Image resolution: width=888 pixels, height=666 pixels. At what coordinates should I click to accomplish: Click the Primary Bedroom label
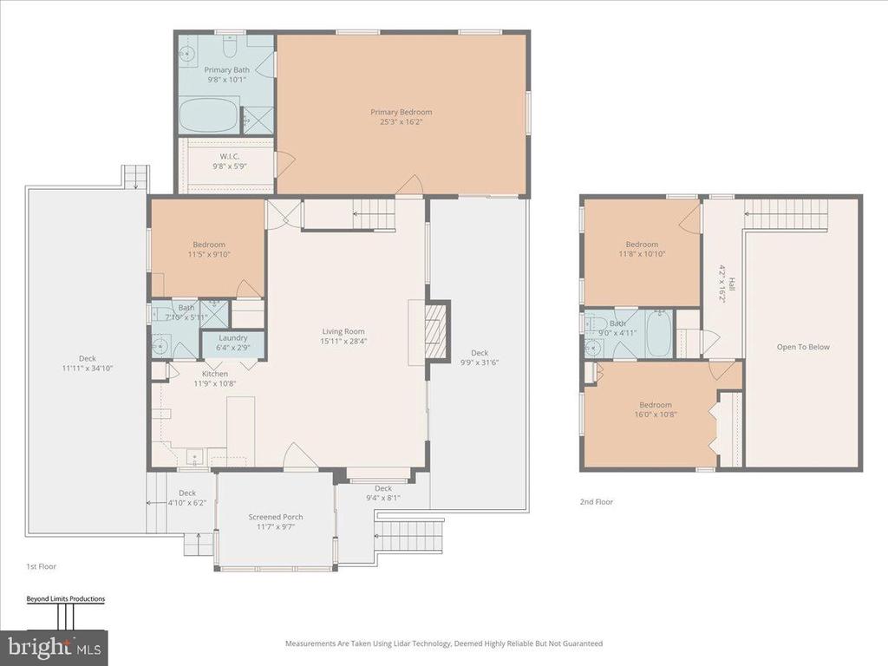pyautogui.click(x=401, y=112)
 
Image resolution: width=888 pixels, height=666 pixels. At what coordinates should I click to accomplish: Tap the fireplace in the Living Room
pyautogui.click(x=437, y=331)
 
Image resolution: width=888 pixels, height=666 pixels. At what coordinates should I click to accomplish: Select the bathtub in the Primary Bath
pyautogui.click(x=209, y=116)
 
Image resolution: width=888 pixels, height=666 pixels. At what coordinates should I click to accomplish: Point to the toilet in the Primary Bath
pyautogui.click(x=229, y=47)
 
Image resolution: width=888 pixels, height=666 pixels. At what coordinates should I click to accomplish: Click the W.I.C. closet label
pyautogui.click(x=229, y=156)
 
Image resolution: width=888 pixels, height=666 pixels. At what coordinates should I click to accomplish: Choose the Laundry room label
pyautogui.click(x=232, y=338)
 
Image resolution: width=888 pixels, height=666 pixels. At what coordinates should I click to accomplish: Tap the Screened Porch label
pyautogui.click(x=276, y=517)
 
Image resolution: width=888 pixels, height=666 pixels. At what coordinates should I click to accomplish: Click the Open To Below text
pyautogui.click(x=803, y=347)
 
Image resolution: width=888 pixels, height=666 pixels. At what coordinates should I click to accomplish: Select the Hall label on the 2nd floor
pyautogui.click(x=732, y=284)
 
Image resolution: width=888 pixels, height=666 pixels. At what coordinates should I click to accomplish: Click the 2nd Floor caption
pyautogui.click(x=597, y=502)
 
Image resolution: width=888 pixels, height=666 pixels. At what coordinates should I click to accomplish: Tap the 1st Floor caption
pyautogui.click(x=42, y=566)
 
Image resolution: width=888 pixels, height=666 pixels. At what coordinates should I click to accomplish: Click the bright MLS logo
pyautogui.click(x=54, y=647)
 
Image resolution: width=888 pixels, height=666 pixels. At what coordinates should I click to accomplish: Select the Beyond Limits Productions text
pyautogui.click(x=66, y=598)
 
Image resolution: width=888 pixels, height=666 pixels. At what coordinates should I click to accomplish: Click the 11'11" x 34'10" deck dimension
pyautogui.click(x=88, y=368)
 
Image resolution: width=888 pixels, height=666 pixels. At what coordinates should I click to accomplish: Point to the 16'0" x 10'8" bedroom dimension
pyautogui.click(x=656, y=415)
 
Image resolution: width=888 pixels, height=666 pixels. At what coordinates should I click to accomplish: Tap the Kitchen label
pyautogui.click(x=215, y=374)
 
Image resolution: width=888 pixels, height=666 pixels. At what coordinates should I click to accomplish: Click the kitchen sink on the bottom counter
pyautogui.click(x=195, y=457)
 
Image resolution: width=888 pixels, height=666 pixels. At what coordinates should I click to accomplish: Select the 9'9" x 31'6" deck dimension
pyautogui.click(x=480, y=362)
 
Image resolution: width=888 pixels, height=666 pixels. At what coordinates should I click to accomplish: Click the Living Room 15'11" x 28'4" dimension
pyautogui.click(x=343, y=342)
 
